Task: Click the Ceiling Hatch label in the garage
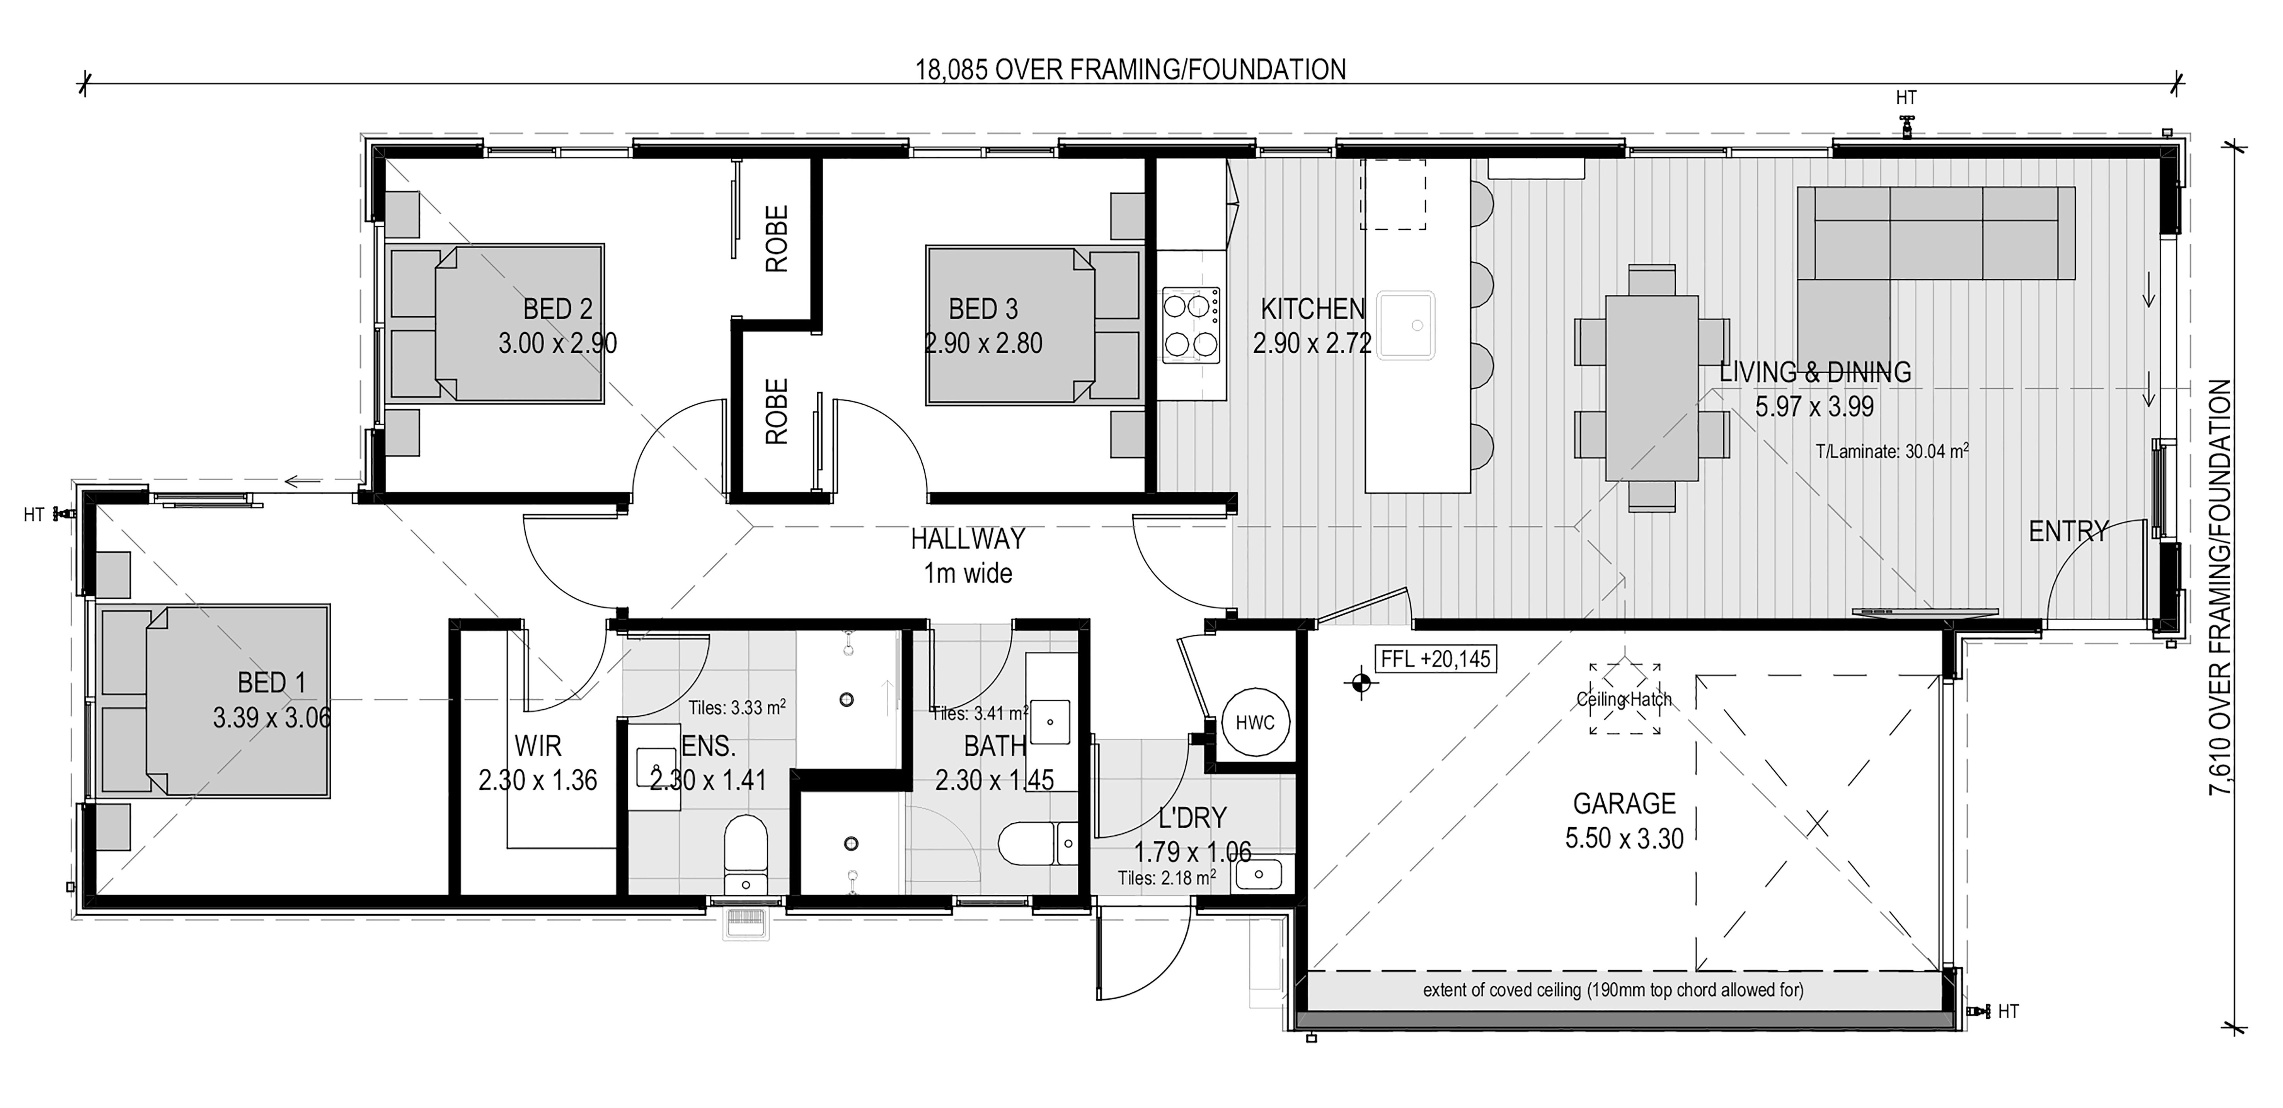pos(1624,699)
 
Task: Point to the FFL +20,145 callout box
pos(1435,659)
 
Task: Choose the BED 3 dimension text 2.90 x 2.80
pos(984,343)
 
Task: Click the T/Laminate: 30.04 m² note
pos(1892,451)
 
